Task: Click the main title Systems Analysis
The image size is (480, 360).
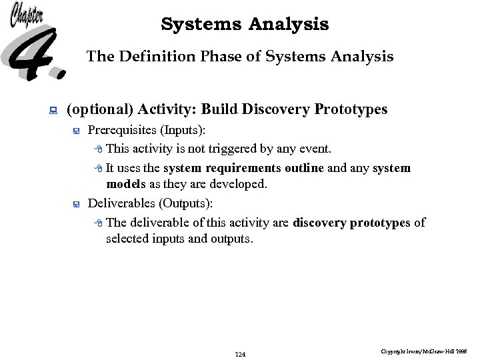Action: (x=245, y=25)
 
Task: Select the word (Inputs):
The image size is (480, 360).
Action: (x=182, y=129)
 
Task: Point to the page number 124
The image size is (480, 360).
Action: (x=241, y=354)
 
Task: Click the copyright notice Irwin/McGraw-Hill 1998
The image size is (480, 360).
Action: (x=424, y=350)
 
